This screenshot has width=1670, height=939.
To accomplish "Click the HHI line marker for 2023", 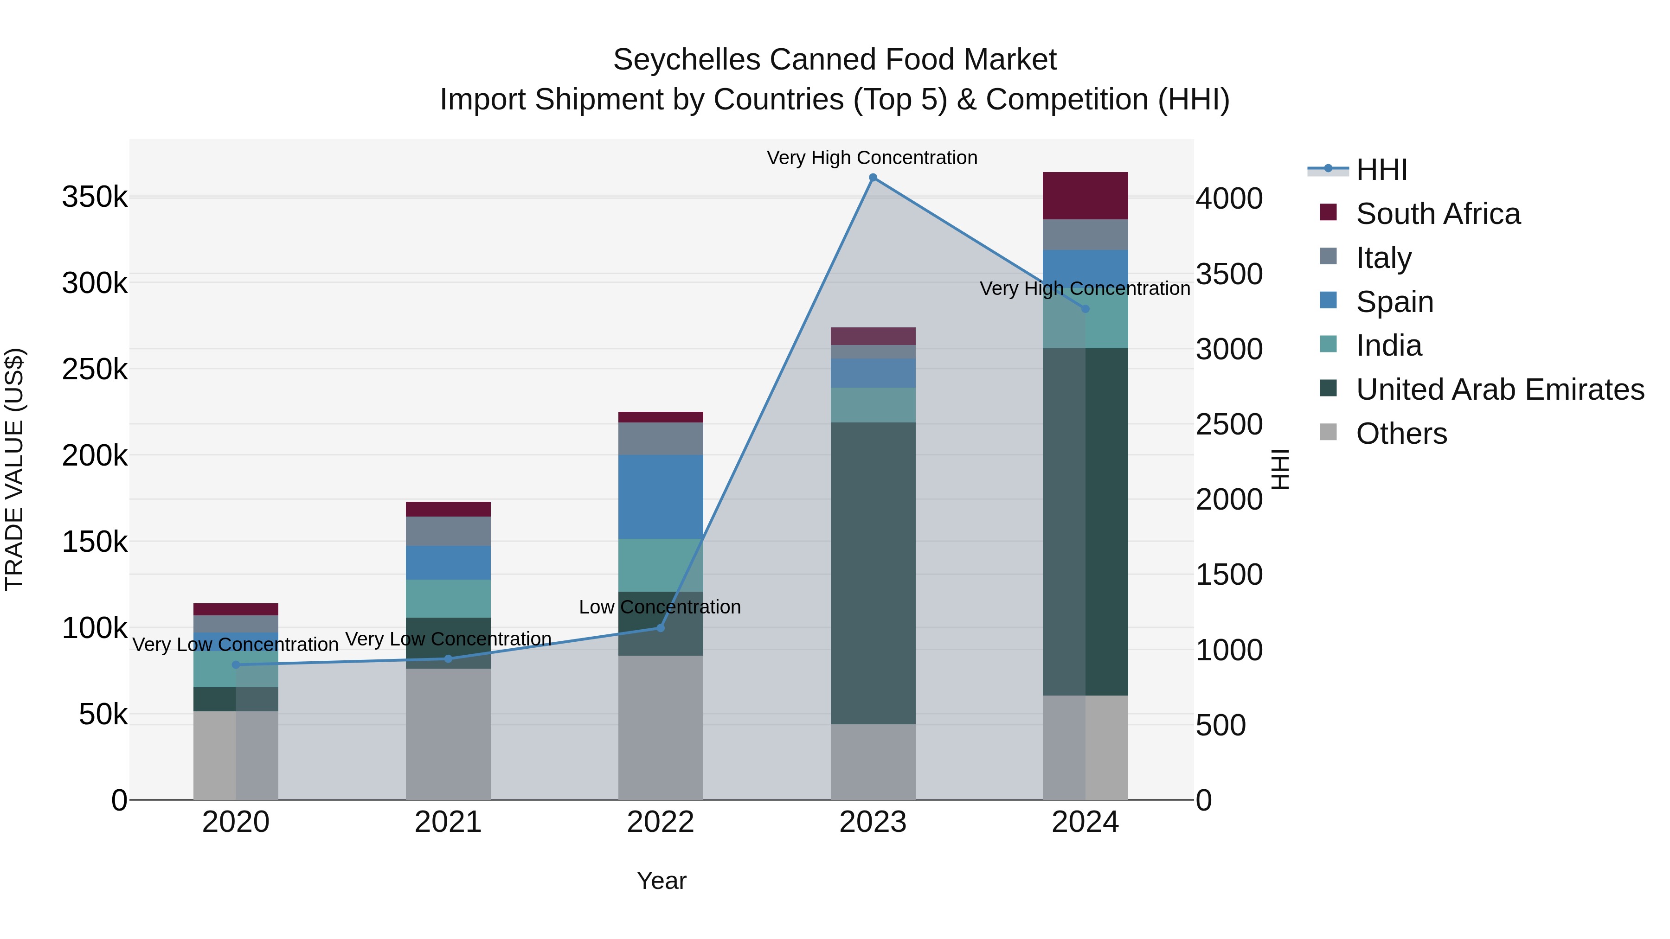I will (x=873, y=178).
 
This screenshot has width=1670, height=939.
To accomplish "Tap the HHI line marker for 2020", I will (x=236, y=665).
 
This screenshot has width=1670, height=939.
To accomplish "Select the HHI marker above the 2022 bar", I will (x=661, y=627).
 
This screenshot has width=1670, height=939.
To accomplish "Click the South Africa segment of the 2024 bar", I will (x=1085, y=196).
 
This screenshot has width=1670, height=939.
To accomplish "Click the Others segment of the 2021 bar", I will (x=448, y=734).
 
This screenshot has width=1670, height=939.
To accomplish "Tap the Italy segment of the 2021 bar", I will (x=448, y=531).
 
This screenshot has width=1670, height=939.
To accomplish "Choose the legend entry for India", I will (x=1388, y=345).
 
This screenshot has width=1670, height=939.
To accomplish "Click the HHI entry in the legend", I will (x=1381, y=170).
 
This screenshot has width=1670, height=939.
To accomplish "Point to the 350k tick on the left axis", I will (x=95, y=197).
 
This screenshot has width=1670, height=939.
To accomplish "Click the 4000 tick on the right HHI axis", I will (x=1228, y=198).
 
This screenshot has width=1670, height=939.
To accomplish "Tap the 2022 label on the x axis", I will (x=661, y=822).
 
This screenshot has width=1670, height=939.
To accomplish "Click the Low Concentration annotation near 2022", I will (x=659, y=607).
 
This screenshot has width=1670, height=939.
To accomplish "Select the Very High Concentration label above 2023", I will (x=872, y=158).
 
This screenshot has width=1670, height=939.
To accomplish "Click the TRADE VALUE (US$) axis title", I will (x=14, y=469).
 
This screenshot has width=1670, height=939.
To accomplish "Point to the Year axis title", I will (x=661, y=881).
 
